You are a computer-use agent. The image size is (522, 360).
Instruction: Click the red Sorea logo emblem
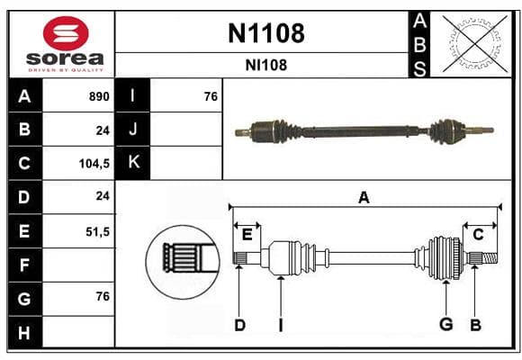pyautogui.click(x=66, y=33)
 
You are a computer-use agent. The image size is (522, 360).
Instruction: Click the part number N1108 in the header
pyautogui.click(x=266, y=33)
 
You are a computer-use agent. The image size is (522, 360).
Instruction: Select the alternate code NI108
pyautogui.click(x=266, y=66)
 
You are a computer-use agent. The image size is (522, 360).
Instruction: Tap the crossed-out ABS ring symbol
pyautogui.click(x=475, y=44)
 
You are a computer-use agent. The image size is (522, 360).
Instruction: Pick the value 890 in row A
pyautogui.click(x=99, y=96)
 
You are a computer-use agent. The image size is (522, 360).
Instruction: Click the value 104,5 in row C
pyautogui.click(x=94, y=164)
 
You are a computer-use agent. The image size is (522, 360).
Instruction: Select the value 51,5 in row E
pyautogui.click(x=97, y=231)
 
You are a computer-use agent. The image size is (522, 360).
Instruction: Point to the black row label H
pyautogui.click(x=24, y=332)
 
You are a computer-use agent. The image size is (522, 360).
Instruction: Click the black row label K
pyautogui.click(x=133, y=162)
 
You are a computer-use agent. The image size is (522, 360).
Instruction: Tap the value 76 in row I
pyautogui.click(x=211, y=96)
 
